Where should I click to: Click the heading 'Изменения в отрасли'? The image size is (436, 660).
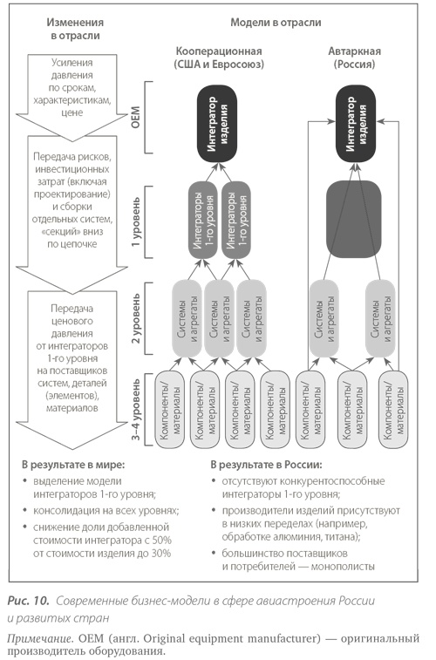75,29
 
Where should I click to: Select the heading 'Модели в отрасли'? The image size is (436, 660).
276,23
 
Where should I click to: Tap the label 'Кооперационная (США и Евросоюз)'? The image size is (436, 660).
219,58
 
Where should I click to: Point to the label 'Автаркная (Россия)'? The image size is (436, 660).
354,58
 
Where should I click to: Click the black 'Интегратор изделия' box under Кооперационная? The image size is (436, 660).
217,124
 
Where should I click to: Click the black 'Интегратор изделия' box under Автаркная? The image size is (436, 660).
356,124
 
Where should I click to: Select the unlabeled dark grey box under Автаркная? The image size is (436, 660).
354,220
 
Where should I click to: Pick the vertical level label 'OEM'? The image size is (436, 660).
135,117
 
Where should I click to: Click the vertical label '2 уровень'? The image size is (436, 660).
135,318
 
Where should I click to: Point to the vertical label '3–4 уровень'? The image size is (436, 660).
135,410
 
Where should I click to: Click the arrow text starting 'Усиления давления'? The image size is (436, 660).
72,87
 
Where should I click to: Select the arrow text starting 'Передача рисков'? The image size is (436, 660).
72,201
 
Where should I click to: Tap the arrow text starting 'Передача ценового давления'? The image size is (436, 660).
72,358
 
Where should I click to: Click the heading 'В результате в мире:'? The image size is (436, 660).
73,465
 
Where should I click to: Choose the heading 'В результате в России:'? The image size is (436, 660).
267,465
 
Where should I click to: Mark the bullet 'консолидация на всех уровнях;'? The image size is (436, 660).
106,511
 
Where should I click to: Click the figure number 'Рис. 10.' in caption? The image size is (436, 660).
29,601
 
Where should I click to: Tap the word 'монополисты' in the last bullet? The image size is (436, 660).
343,566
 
